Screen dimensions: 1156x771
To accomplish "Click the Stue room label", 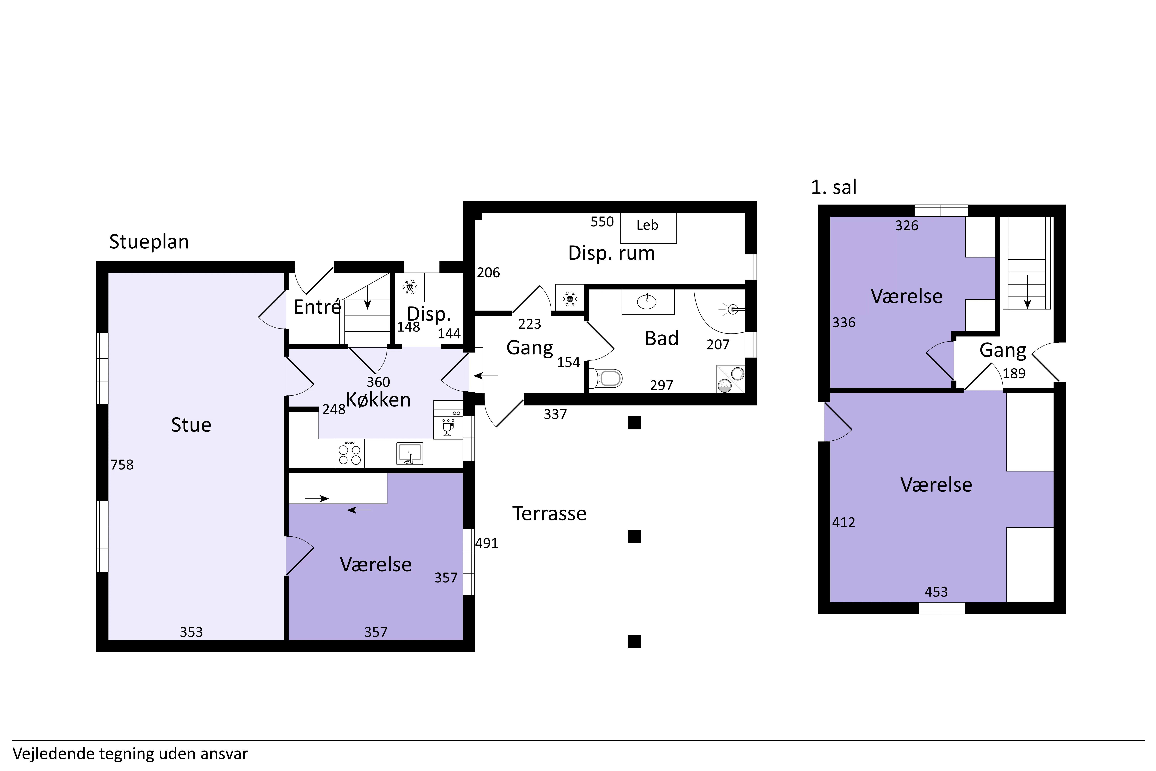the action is click(x=191, y=425).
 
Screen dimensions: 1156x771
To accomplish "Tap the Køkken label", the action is click(x=378, y=400).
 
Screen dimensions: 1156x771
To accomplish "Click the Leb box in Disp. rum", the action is click(x=648, y=228).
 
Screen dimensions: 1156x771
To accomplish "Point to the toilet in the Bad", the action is click(x=606, y=378).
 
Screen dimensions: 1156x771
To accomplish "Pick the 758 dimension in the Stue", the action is click(x=122, y=465).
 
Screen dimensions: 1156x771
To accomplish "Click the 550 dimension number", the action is click(x=602, y=222).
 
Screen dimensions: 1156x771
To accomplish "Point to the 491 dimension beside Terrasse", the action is click(x=487, y=543).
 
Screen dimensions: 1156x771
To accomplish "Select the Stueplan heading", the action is click(x=149, y=242).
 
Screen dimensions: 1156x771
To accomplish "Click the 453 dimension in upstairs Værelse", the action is click(x=936, y=592).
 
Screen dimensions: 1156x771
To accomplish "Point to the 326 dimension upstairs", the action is click(x=907, y=226).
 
